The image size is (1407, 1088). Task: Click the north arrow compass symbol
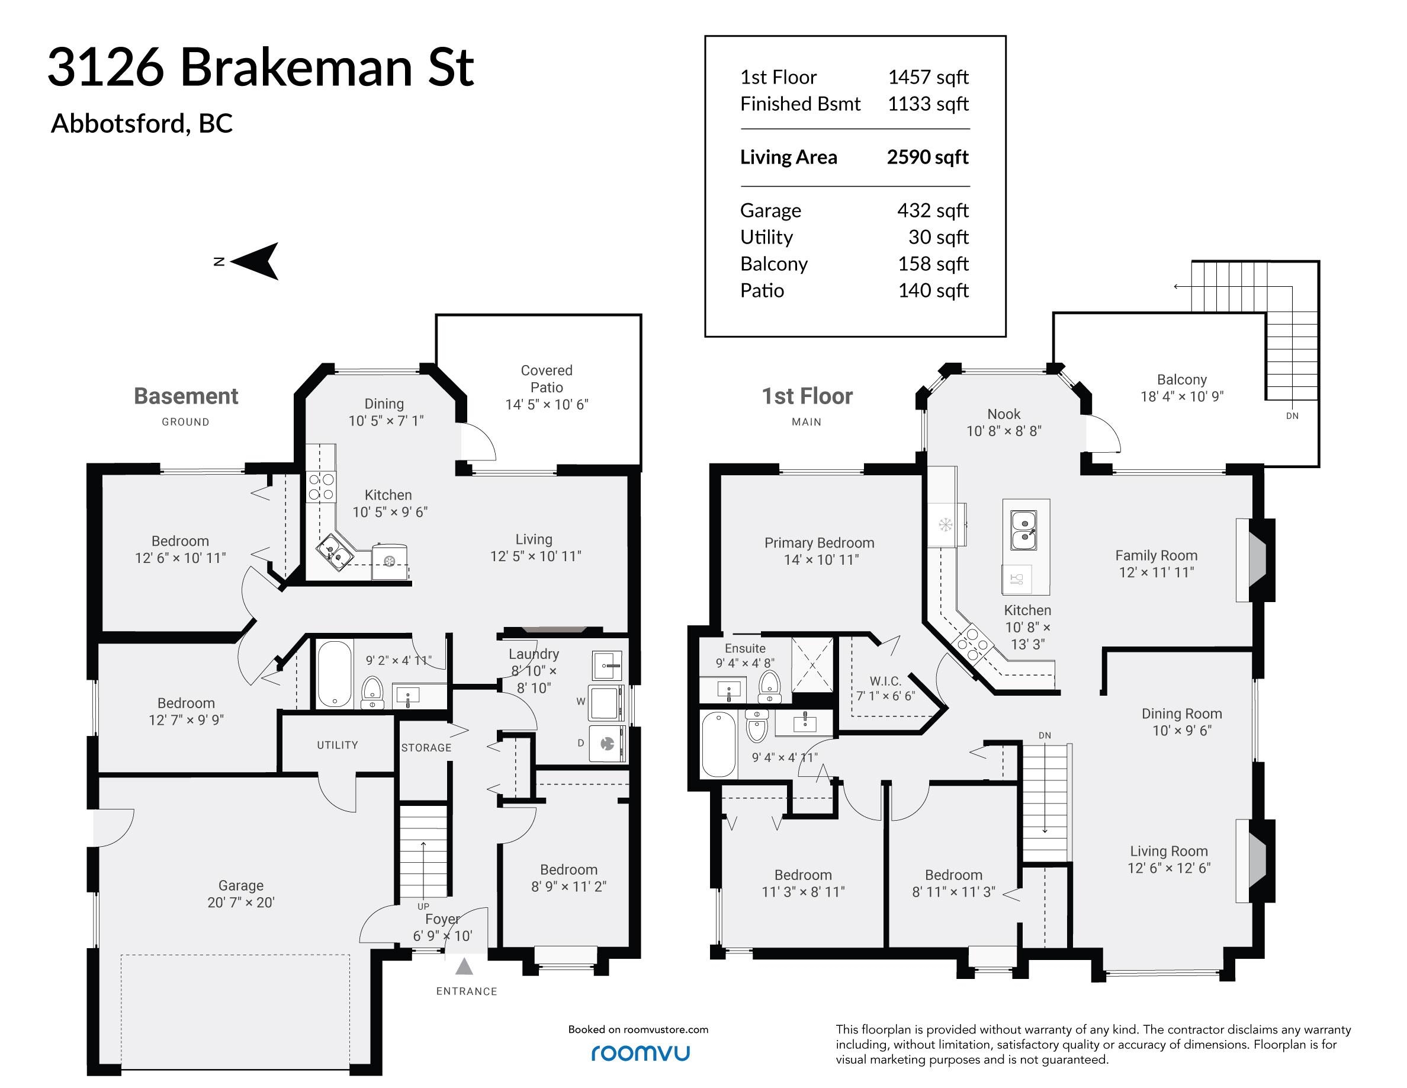point(255,261)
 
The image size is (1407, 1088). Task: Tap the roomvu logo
point(640,1052)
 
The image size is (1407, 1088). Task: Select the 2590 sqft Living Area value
point(928,156)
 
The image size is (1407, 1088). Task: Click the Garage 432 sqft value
point(933,210)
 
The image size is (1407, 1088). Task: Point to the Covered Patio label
point(547,379)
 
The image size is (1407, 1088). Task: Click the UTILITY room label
point(338,745)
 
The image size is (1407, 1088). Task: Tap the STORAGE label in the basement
point(426,748)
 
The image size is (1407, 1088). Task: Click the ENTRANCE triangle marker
point(464,967)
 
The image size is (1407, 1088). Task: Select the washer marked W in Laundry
point(608,703)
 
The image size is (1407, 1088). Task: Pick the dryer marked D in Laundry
point(608,744)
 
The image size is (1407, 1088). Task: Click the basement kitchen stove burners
point(322,487)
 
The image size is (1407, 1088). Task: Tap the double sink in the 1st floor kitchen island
point(1023,530)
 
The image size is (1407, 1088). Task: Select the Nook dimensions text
point(1004,431)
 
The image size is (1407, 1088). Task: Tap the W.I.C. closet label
point(885,681)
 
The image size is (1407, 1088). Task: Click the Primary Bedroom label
point(820,543)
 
